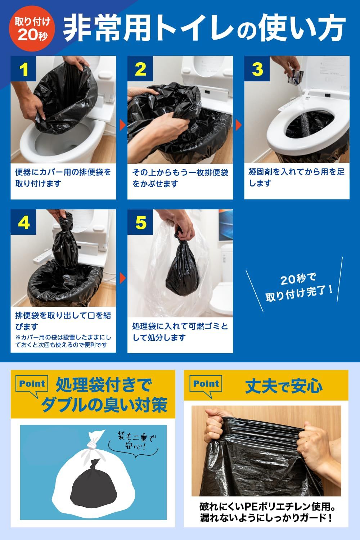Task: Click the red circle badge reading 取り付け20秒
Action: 32,28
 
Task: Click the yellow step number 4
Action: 24,223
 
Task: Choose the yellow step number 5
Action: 141,223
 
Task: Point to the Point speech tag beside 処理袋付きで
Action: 32,385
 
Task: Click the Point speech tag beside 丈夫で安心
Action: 206,385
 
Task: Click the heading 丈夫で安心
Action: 284,386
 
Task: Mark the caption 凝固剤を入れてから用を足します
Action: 296,177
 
